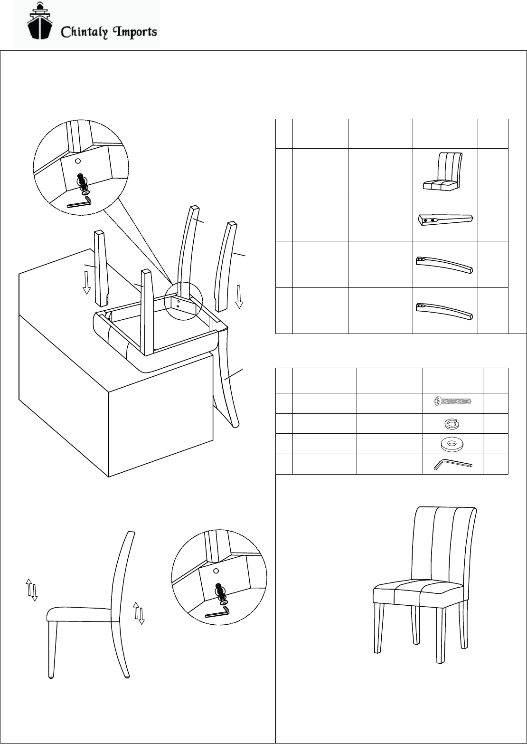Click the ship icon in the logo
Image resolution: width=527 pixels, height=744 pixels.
39,23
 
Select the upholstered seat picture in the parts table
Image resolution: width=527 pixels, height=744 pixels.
445,172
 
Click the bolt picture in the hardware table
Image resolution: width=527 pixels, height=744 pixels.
452,402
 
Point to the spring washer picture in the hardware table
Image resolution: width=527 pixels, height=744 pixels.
452,423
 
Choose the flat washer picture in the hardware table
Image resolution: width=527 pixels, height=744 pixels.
452,444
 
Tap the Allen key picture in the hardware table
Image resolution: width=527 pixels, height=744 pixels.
452,464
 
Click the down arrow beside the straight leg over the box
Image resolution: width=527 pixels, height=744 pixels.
86,283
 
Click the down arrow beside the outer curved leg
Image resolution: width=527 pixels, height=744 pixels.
239,297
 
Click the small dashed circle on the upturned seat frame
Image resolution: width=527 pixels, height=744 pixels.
183,302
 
